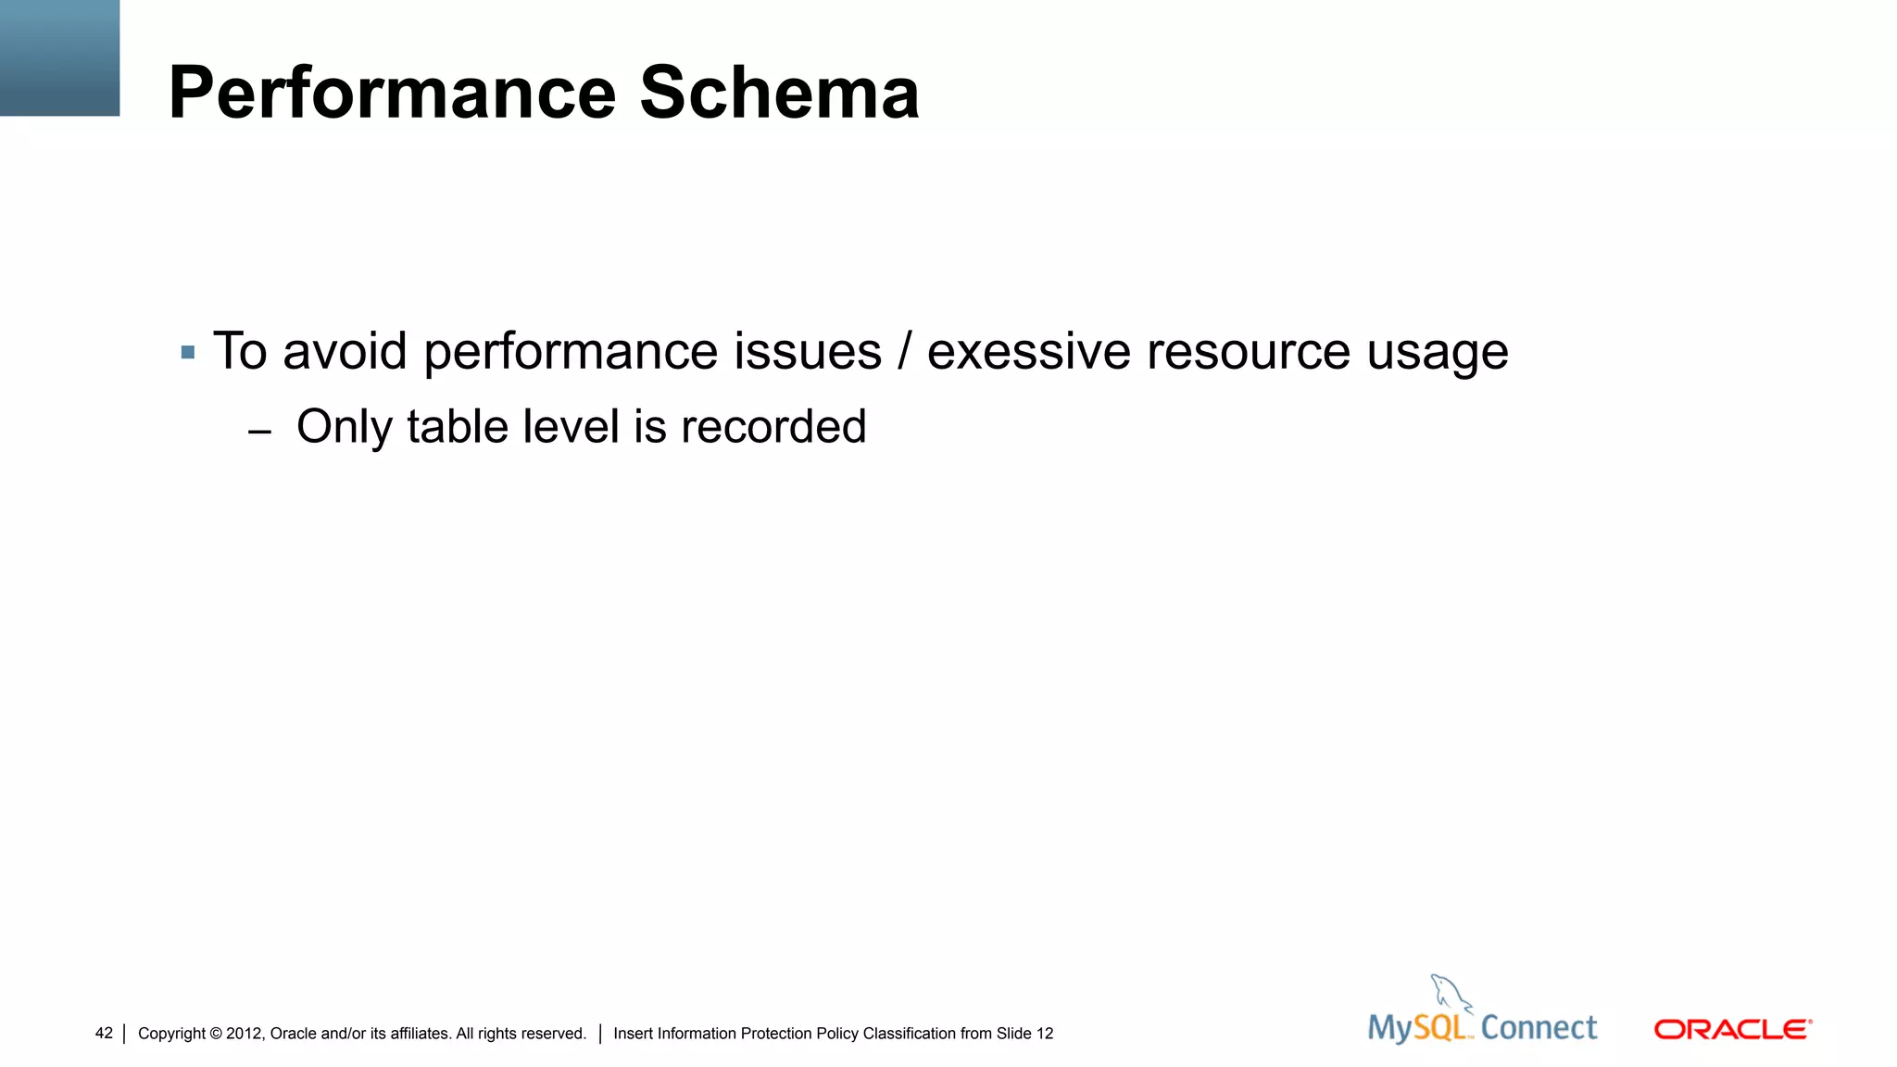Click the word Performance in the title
[393, 94]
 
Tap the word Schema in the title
[779, 94]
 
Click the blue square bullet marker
[188, 352]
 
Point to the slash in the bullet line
[904, 352]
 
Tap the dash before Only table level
[260, 432]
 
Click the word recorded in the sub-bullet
[773, 427]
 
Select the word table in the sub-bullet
[458, 427]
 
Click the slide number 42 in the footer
[104, 1033]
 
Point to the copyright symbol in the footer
[216, 1034]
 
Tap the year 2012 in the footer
[244, 1034]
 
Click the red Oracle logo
[1732, 1029]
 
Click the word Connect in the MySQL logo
[1539, 1027]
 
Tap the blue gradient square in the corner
[59, 57]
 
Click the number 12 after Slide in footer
[1045, 1034]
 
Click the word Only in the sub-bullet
[343, 428]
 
